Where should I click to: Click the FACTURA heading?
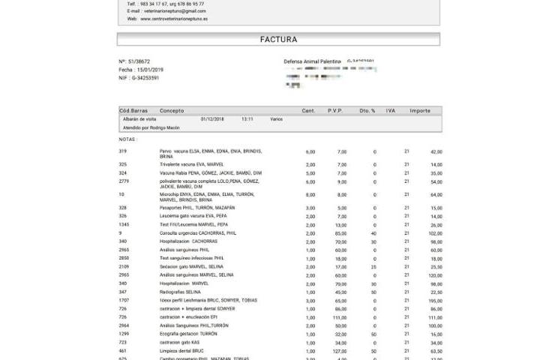tap(278, 39)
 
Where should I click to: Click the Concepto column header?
tap(172, 111)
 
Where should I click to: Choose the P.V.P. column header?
tap(335, 111)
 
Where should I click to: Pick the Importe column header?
tap(420, 111)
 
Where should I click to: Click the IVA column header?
tap(390, 111)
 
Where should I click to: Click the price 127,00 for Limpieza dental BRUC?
tap(340, 351)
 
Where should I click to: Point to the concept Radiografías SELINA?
tap(181, 292)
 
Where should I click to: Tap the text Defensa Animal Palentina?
tap(312, 61)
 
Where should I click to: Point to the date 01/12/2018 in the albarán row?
tap(213, 118)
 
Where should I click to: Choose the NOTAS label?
tap(128, 139)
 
